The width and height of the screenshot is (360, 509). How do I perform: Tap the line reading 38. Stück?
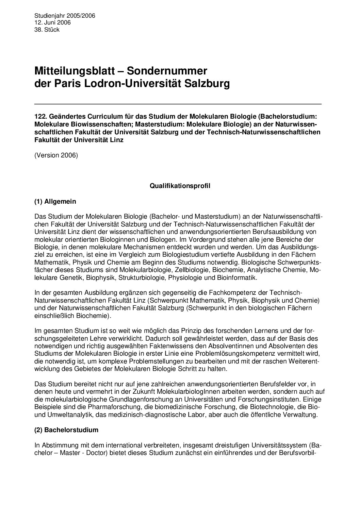[x=47, y=30]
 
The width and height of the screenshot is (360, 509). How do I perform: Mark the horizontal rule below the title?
[x=178, y=104]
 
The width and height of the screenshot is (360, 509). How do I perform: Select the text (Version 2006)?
[x=56, y=156]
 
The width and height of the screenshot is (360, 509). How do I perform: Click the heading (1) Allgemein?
[x=55, y=201]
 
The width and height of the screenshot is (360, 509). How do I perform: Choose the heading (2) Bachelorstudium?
[x=66, y=430]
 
